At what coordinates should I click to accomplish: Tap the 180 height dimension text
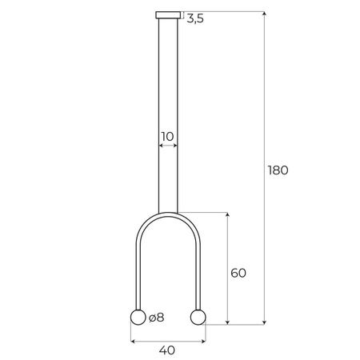tap(278, 170)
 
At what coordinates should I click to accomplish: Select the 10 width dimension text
tap(167, 137)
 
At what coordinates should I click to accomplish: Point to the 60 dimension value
tap(238, 273)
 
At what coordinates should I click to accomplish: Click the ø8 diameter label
tap(156, 318)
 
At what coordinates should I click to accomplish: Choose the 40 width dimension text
tap(167, 350)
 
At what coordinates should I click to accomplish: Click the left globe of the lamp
tap(137, 318)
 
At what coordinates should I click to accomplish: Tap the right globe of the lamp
tap(198, 318)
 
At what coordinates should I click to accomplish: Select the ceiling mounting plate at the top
tap(168, 14)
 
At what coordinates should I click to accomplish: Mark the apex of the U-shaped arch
tap(168, 214)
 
